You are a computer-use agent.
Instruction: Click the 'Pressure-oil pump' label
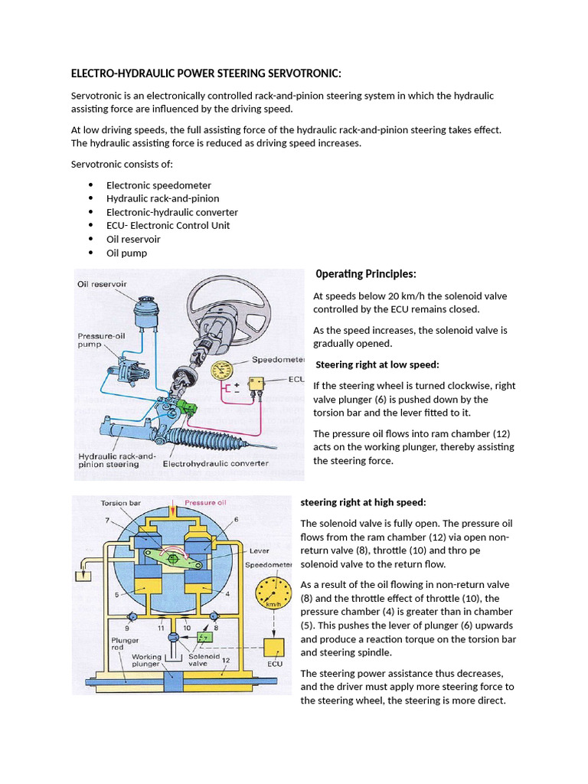100,340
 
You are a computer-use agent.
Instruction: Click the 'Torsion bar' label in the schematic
120,503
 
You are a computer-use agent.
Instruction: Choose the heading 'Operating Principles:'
365,274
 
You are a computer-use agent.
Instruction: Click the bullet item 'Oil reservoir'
133,239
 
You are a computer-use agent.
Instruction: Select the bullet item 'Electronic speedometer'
158,185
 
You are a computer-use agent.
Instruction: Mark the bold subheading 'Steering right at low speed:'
377,364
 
